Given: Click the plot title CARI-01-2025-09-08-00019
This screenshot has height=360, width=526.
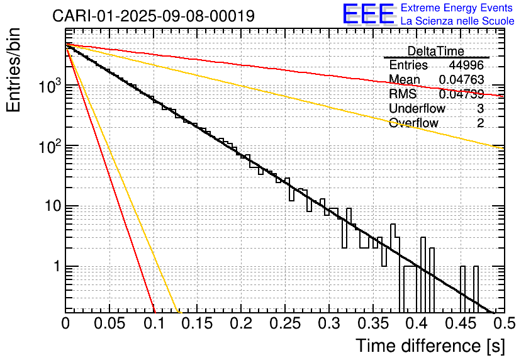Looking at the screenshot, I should click(x=154, y=16).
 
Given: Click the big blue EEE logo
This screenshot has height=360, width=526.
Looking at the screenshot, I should click(x=368, y=15).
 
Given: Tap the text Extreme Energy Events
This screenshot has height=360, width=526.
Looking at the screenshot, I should click(x=457, y=8).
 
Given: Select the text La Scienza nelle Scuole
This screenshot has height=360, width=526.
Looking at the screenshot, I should click(x=457, y=21).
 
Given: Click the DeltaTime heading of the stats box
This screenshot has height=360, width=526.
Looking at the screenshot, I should click(x=436, y=51).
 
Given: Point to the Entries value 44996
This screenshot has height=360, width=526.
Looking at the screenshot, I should click(x=466, y=65).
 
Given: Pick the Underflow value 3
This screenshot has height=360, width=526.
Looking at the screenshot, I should click(x=480, y=108).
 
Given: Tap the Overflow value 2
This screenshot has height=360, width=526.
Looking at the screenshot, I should click(x=480, y=123).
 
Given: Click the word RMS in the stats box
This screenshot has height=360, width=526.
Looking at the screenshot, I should click(x=401, y=94).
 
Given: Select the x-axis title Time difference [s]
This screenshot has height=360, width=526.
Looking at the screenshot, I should click(x=430, y=346).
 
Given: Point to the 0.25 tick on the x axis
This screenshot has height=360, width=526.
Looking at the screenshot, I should click(x=284, y=323).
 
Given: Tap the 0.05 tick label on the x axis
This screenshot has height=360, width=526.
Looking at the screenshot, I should click(x=109, y=323).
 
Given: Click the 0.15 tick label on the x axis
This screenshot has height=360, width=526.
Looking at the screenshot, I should click(x=196, y=323).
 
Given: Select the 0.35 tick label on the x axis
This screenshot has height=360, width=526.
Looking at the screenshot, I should click(x=372, y=323).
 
